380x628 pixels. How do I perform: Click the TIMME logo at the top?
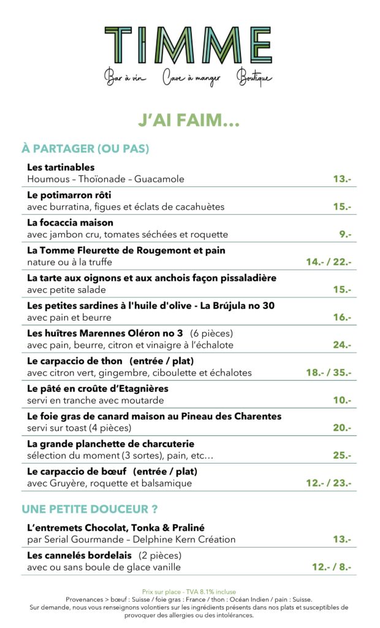coord(188,45)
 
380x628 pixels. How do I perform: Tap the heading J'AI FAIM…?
coord(188,121)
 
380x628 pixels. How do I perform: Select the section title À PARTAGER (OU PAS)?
coord(85,149)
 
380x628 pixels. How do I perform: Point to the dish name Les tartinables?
coord(61,167)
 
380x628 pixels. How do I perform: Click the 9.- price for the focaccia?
coord(345,234)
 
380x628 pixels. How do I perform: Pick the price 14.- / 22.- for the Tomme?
coord(329,262)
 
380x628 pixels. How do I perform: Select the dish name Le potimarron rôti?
coord(69,195)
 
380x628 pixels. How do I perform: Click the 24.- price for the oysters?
coord(342,345)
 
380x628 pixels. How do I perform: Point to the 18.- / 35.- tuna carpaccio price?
coord(329,372)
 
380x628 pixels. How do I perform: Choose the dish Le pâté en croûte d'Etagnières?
coord(97,389)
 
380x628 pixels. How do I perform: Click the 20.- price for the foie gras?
coord(342,428)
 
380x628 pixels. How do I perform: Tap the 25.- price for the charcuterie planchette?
coord(342,456)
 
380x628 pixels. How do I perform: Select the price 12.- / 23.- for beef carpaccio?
coord(329,483)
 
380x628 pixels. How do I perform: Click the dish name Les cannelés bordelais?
coord(79,556)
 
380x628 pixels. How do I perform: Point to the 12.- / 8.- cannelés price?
coord(331,567)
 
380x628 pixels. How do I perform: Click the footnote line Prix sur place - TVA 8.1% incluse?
coord(189,592)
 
